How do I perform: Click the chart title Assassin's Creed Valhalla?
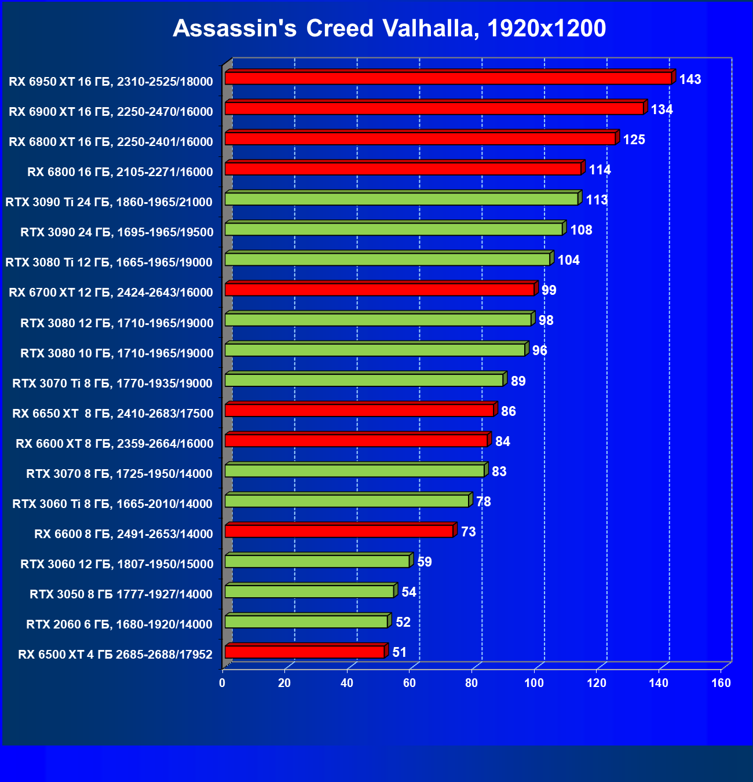pyautogui.click(x=389, y=28)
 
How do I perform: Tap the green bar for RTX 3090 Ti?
pyautogui.click(x=401, y=199)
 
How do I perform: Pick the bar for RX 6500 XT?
pyautogui.click(x=305, y=652)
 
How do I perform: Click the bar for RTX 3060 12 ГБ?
pyautogui.click(x=317, y=561)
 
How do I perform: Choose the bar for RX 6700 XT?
pyautogui.click(x=379, y=289)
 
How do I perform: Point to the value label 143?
pyautogui.click(x=690, y=79)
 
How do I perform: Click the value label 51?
pyautogui.click(x=400, y=652)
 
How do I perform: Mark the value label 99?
pyautogui.click(x=549, y=290)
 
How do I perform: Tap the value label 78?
pyautogui.click(x=484, y=502)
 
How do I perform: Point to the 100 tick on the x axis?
pyautogui.click(x=534, y=683)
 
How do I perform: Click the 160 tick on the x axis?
pyautogui.click(x=721, y=683)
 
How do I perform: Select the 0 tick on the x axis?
pyautogui.click(x=222, y=683)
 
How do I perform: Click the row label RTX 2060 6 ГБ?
pyautogui.click(x=119, y=624)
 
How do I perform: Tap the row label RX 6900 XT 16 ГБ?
pyautogui.click(x=111, y=112)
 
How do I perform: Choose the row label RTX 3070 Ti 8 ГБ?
pyautogui.click(x=112, y=383)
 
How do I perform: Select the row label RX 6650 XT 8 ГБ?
pyautogui.click(x=113, y=414)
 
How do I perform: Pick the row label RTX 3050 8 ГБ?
pyautogui.click(x=121, y=594)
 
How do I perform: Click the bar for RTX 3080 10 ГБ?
pyautogui.click(x=375, y=350)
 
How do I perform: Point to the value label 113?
pyautogui.click(x=597, y=200)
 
